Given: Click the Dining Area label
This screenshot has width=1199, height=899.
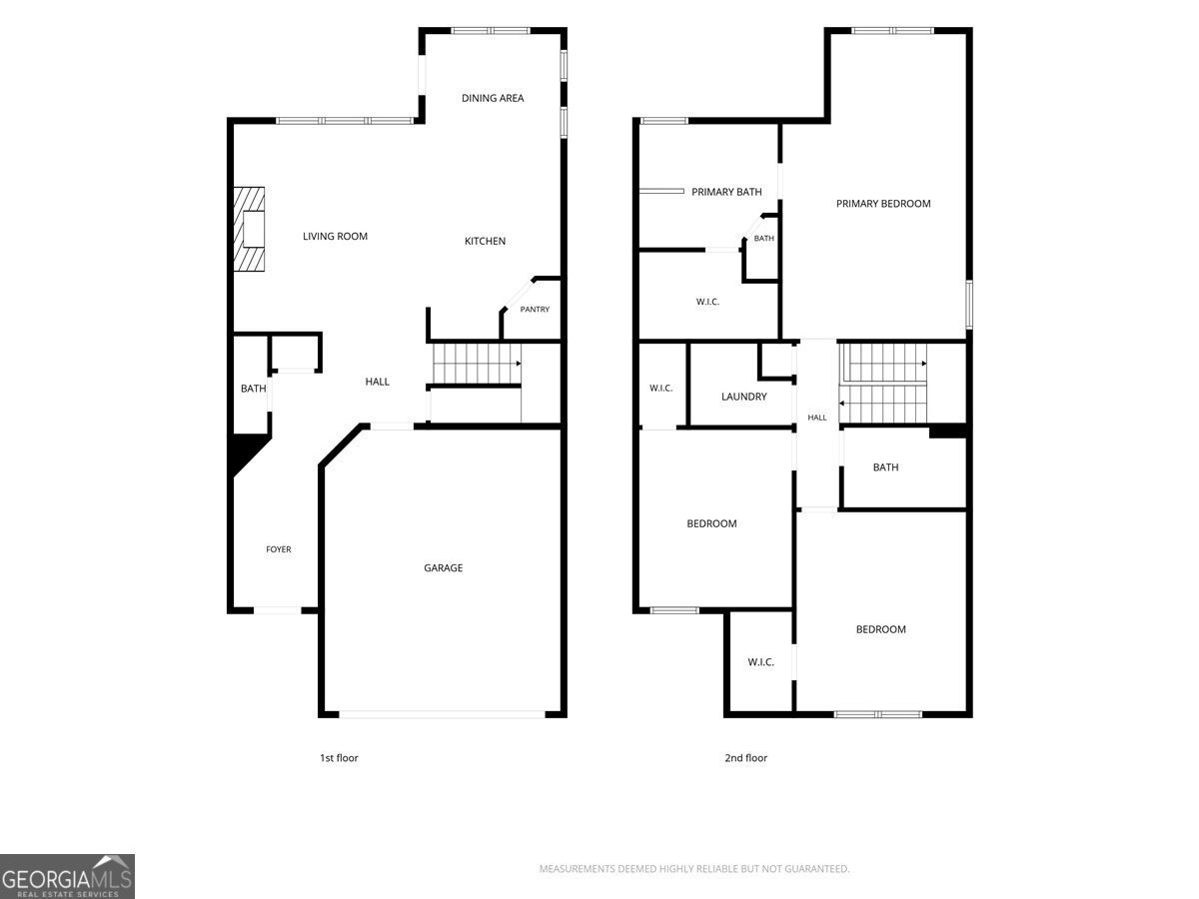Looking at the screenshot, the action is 493,98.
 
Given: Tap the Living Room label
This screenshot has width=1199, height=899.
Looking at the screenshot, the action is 335,237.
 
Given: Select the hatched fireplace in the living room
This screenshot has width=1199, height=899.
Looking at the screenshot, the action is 249,230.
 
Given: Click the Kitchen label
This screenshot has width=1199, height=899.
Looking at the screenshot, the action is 485,242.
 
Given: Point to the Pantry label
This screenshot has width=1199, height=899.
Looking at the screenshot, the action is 535,310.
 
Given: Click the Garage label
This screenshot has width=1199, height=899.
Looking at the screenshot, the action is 443,568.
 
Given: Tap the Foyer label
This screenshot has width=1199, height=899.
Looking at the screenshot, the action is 278,549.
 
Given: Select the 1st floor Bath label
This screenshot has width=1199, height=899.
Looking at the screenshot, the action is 254,389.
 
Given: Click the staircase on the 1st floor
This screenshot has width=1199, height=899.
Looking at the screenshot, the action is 477,364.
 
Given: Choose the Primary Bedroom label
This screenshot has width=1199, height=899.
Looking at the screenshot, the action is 883,204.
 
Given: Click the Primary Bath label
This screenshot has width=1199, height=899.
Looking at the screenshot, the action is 726,192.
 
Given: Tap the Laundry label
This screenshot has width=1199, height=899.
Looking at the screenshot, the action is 744,397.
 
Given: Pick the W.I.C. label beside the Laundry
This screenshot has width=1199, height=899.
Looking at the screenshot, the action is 660,389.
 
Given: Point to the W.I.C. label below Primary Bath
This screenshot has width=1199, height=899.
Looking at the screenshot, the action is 707,302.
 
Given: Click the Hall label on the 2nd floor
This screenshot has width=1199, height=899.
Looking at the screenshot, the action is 816,418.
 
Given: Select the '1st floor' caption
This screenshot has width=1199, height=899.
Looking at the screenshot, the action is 339,758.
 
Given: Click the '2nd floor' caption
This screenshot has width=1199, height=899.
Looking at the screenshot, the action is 745,758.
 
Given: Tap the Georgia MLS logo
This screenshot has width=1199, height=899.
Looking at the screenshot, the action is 67,877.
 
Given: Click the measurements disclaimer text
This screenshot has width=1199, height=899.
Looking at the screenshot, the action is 694,868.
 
